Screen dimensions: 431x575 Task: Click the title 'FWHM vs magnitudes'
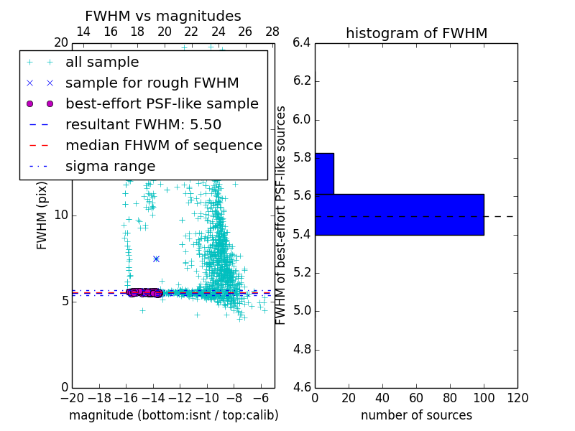pyautogui.click(x=163, y=16)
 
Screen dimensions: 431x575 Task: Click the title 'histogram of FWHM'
pyautogui.click(x=416, y=33)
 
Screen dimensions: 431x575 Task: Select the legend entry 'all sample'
pyautogui.click(x=102, y=62)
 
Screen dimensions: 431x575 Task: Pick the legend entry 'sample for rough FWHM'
pyautogui.click(x=152, y=83)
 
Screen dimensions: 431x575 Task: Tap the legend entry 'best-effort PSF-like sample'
pyautogui.click(x=162, y=103)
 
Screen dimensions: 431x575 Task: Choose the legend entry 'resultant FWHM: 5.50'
pyautogui.click(x=143, y=124)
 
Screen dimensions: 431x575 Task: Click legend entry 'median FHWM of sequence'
pyautogui.click(x=163, y=145)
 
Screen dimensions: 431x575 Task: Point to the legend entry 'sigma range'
pyautogui.click(x=110, y=166)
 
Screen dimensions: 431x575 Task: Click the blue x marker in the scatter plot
pyautogui.click(x=156, y=259)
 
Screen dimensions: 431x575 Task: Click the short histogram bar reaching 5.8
pyautogui.click(x=324, y=173)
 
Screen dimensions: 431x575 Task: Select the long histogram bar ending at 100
pyautogui.click(x=399, y=214)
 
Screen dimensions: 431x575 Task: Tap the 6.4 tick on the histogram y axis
pyautogui.click(x=302, y=42)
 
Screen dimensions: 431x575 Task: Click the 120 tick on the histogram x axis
pyautogui.click(x=517, y=398)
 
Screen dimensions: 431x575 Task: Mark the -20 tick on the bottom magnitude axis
pyautogui.click(x=72, y=398)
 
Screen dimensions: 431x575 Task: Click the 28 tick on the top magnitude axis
pyautogui.click(x=272, y=32)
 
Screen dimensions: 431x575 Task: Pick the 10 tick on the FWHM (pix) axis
pyautogui.click(x=61, y=215)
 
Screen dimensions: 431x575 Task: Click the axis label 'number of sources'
pyautogui.click(x=416, y=415)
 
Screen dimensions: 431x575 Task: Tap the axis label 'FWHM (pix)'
pyautogui.click(x=42, y=215)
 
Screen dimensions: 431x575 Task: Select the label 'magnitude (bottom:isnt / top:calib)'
pyautogui.click(x=173, y=415)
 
